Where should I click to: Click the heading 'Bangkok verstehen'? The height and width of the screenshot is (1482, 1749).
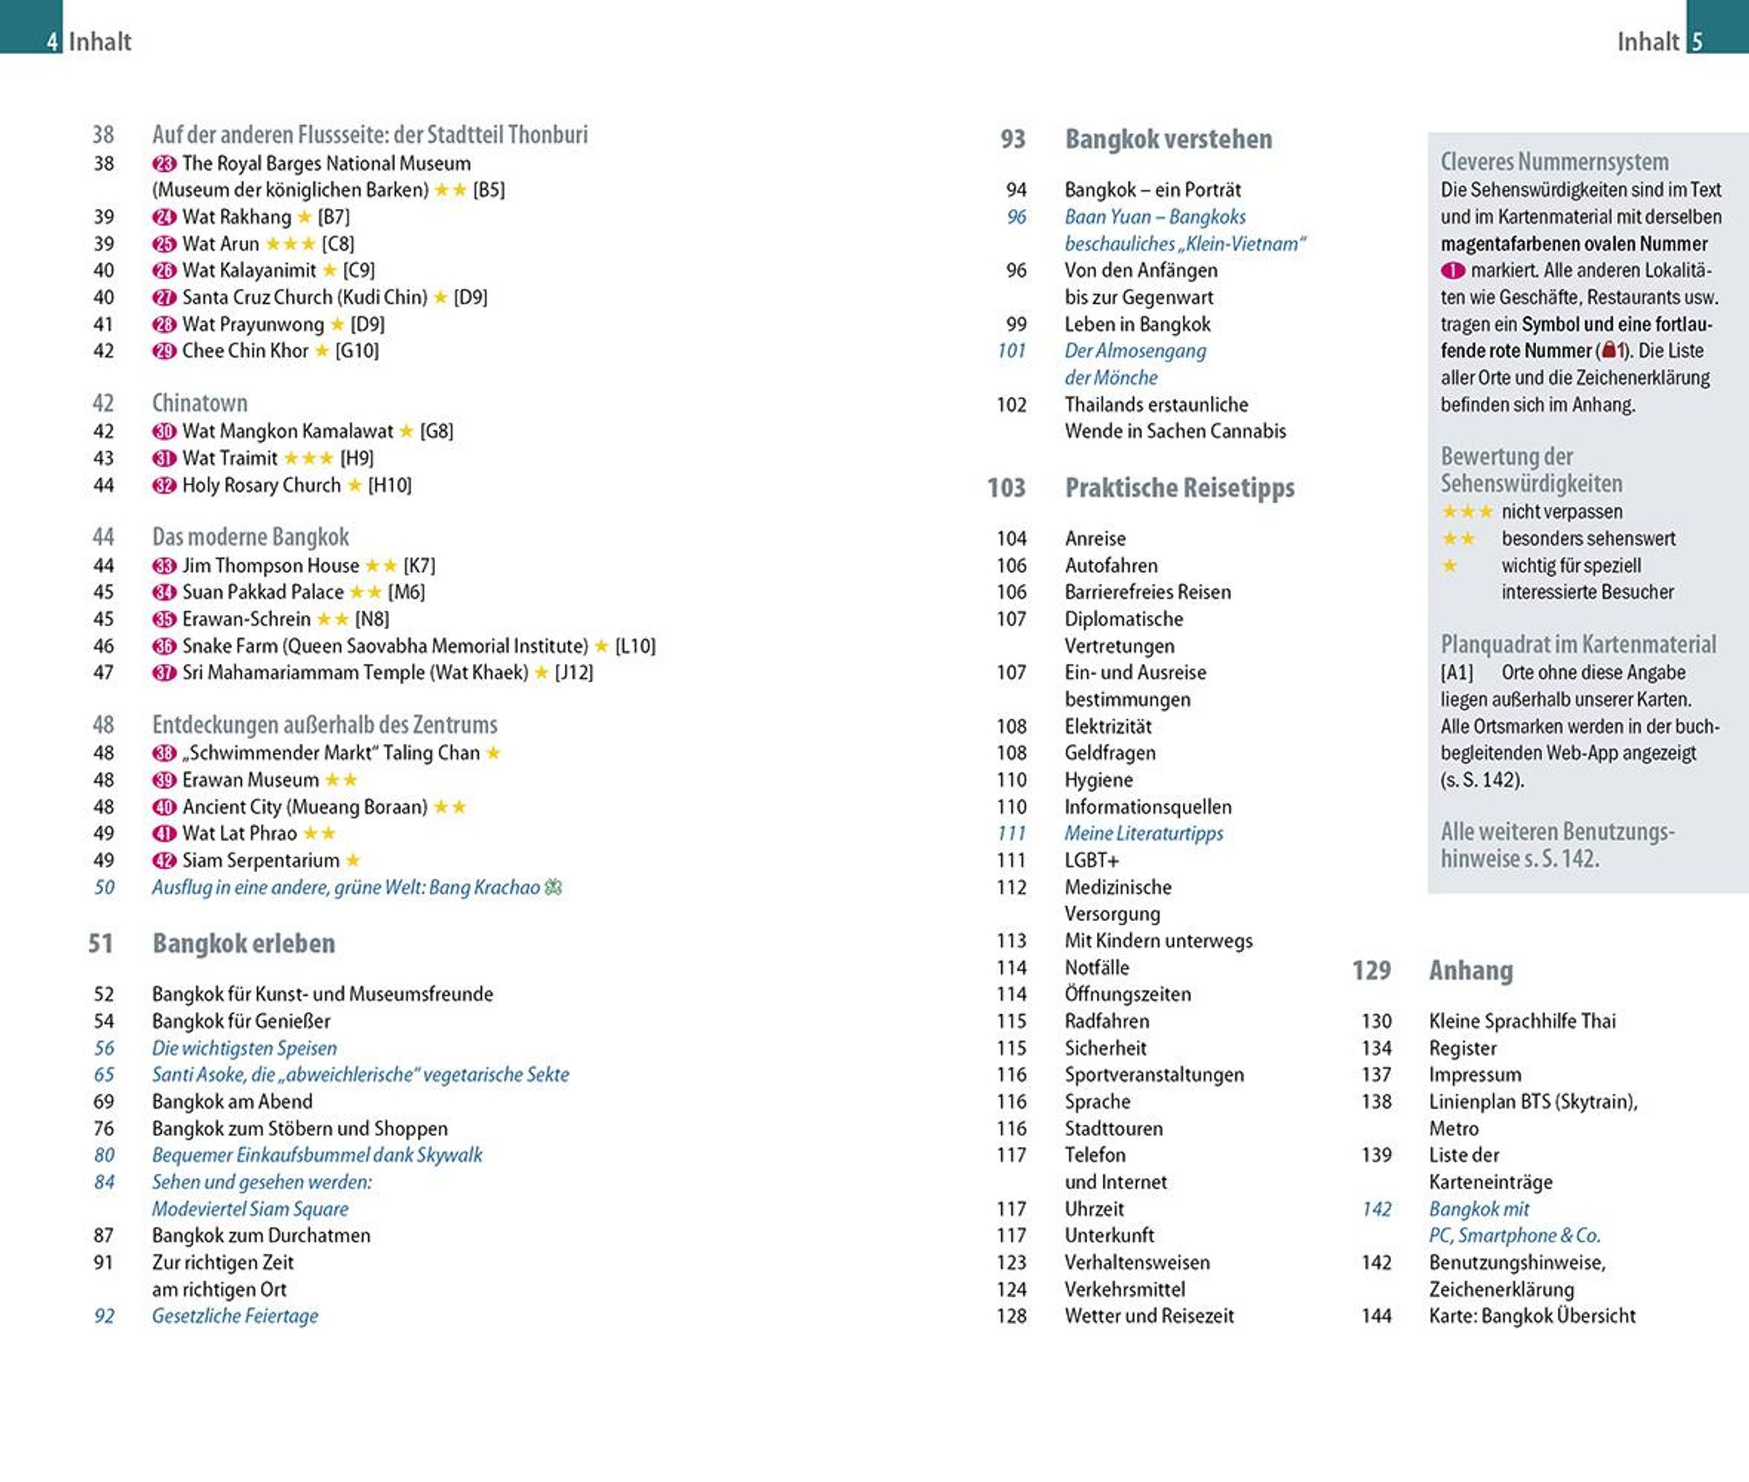[1167, 139]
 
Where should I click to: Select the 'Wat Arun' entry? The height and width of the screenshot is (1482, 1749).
[221, 243]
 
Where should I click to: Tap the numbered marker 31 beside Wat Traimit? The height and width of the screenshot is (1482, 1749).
[164, 459]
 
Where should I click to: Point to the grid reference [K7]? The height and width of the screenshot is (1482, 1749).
[419, 565]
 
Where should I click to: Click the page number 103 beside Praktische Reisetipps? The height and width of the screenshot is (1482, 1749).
[1006, 488]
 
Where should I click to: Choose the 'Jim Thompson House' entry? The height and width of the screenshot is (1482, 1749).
[270, 565]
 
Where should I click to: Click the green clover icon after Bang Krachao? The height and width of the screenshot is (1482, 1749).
[554, 887]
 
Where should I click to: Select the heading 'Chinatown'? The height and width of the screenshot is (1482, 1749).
[200, 403]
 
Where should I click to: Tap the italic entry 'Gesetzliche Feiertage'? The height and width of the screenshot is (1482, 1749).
[235, 1316]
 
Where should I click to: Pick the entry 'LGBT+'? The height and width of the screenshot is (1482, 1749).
[1091, 860]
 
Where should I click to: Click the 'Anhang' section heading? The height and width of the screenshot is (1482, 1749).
[1471, 971]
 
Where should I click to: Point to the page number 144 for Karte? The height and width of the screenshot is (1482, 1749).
[1376, 1316]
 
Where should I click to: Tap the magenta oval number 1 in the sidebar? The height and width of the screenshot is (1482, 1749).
[1453, 270]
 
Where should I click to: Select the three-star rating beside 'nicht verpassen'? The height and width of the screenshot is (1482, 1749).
[1467, 511]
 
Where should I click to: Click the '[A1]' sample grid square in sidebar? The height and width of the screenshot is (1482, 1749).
[1457, 673]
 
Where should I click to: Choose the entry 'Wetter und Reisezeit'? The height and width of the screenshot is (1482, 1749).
[1149, 1316]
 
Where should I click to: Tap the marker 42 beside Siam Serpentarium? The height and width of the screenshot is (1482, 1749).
[164, 860]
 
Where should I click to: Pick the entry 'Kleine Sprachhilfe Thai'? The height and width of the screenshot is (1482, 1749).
[1522, 1021]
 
